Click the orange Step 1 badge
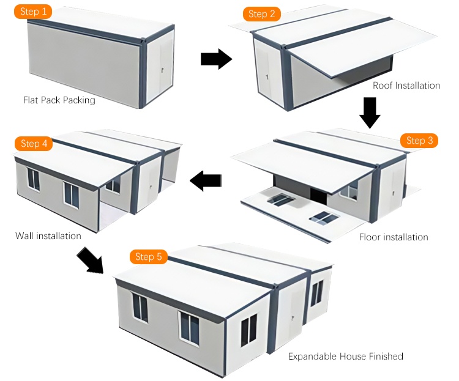pos(33,12)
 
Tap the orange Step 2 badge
pos(262,13)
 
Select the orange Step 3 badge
pos(419,141)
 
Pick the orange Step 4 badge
pos(34,143)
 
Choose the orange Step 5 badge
pos(149,257)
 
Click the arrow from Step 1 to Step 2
pos(216,59)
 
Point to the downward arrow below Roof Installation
pos(370,113)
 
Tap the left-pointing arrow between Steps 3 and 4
pos(206,180)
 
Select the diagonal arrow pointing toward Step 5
pos(91,260)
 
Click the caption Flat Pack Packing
pos(59,100)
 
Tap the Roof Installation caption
pos(406,86)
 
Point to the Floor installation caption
pos(394,237)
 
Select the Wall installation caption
pos(48,236)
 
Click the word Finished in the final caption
pos(386,356)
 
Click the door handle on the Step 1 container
pos(162,70)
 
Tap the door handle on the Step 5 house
pos(292,317)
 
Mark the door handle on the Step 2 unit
pos(267,77)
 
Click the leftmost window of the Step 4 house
pos(34,179)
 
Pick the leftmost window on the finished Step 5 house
pos(140,307)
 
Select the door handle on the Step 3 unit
pos(393,193)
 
